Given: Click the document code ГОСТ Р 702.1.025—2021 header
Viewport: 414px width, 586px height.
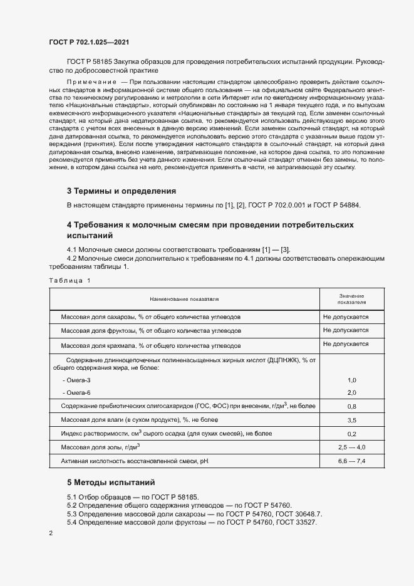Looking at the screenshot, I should pyautogui.click(x=89, y=42).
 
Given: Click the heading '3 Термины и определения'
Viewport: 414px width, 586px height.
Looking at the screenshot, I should pyautogui.click(x=121, y=191).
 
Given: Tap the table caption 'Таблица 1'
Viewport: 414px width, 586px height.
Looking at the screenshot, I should pyautogui.click(x=69, y=280).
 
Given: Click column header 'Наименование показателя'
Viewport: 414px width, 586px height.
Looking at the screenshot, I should pyautogui.click(x=184, y=300).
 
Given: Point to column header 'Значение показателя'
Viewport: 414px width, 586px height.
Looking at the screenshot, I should pyautogui.click(x=351, y=298).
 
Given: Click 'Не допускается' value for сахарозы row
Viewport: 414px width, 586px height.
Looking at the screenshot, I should pyautogui.click(x=346, y=317).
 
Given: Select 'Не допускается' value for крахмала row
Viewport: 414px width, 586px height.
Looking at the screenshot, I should pyautogui.click(x=346, y=344).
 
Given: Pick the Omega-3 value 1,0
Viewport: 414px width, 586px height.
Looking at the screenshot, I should pyautogui.click(x=351, y=380).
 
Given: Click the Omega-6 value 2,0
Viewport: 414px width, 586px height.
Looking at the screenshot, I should pyautogui.click(x=351, y=392).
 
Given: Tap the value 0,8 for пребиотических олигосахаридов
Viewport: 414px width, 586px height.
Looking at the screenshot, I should pyautogui.click(x=351, y=406).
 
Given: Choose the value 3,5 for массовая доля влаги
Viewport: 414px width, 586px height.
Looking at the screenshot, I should pyautogui.click(x=351, y=420).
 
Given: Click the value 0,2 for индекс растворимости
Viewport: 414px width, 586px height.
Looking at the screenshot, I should pyautogui.click(x=351, y=434).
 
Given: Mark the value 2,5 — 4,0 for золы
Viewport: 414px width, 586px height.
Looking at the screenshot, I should pyautogui.click(x=351, y=447).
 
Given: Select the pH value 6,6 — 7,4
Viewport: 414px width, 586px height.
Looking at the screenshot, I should pyautogui.click(x=351, y=461).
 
